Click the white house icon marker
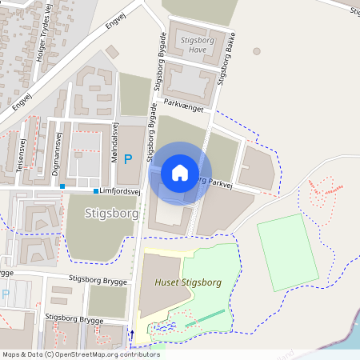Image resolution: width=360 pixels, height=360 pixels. [180, 172]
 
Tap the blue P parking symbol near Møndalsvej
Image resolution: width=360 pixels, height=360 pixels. [127, 159]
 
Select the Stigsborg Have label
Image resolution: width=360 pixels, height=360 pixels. [194, 44]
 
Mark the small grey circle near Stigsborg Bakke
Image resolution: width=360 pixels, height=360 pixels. [257, 51]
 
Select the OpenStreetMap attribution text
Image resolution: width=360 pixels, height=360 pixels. [80, 354]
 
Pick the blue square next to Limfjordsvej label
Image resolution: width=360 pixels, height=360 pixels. [96, 191]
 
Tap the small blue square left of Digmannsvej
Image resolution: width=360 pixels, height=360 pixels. [62, 186]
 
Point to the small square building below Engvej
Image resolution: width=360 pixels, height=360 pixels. [111, 51]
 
